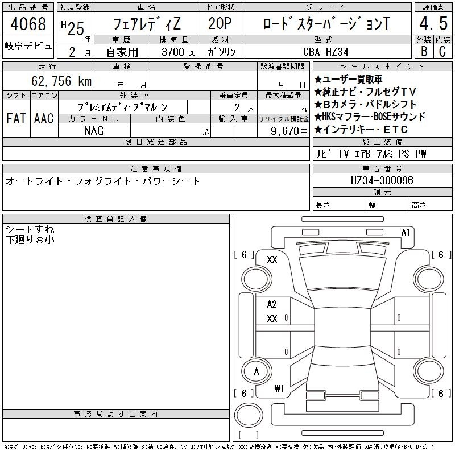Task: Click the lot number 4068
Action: (28, 23)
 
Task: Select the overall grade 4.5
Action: (433, 23)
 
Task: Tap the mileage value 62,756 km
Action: (61, 81)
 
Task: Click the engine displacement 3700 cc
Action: (179, 52)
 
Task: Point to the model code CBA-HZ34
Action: (325, 52)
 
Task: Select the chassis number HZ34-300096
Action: (382, 180)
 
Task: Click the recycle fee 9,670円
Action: (289, 131)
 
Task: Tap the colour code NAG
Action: (94, 131)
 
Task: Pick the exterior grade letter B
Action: (424, 52)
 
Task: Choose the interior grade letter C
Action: (442, 52)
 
